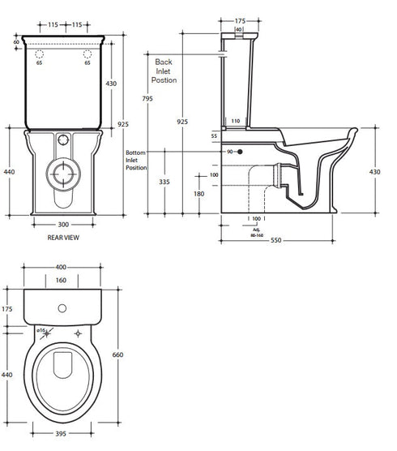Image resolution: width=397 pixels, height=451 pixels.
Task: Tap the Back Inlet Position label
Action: coord(164,71)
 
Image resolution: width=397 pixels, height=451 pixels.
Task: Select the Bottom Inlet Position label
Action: coord(136,160)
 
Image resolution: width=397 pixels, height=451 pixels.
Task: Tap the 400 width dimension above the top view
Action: coord(62,268)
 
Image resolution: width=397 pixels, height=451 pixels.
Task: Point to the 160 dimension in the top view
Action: coord(62,281)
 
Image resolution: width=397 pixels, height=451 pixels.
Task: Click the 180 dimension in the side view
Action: coord(199,194)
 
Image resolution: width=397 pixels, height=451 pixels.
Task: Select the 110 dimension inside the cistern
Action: coord(235,120)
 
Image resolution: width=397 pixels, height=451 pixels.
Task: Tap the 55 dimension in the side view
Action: coord(216,136)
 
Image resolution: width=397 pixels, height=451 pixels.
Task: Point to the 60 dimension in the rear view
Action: coord(15,41)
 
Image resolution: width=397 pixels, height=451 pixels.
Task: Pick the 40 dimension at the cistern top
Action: coord(238,28)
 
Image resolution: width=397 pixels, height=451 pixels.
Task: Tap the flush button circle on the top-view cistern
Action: coord(62,308)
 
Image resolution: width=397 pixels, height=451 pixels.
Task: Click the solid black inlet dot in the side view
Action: coord(241,152)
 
